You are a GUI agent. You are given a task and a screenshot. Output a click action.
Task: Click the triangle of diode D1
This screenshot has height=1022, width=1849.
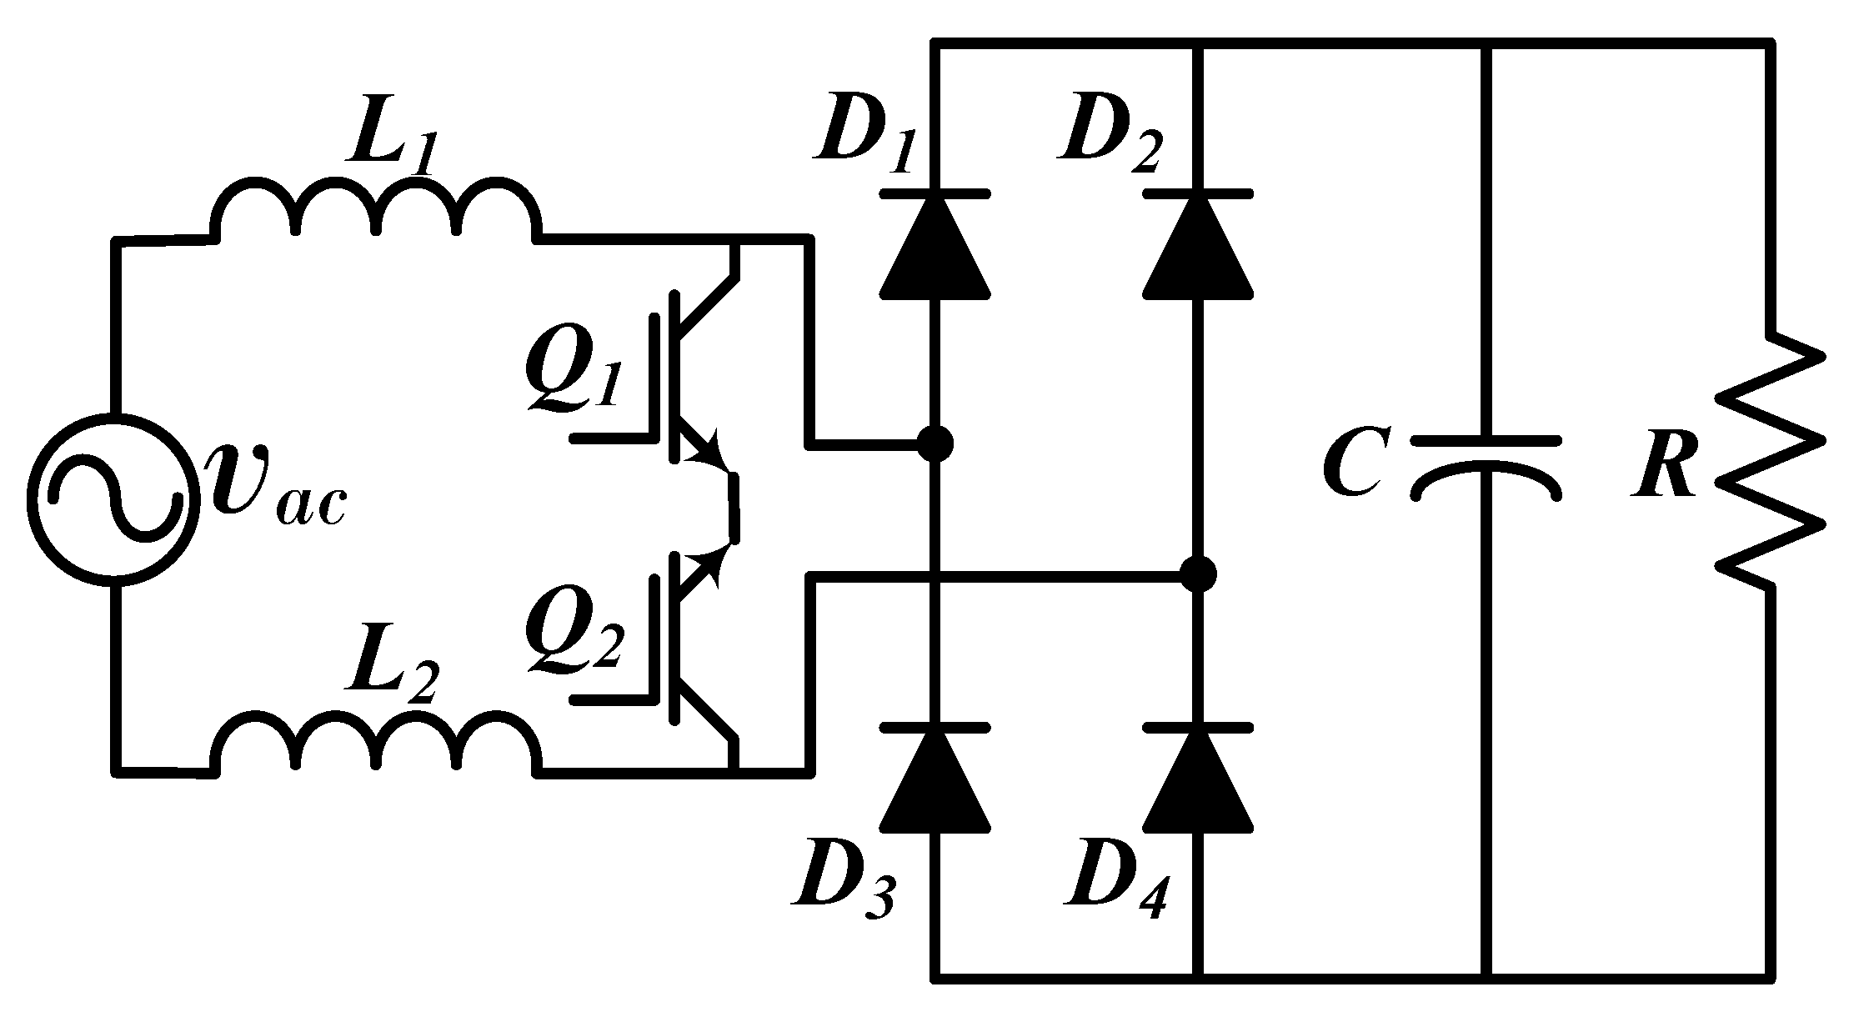tap(935, 246)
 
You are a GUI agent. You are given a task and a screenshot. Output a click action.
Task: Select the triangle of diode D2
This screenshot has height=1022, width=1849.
tap(1198, 246)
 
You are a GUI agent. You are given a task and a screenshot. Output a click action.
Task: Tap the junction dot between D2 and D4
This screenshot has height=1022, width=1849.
tap(1198, 574)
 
